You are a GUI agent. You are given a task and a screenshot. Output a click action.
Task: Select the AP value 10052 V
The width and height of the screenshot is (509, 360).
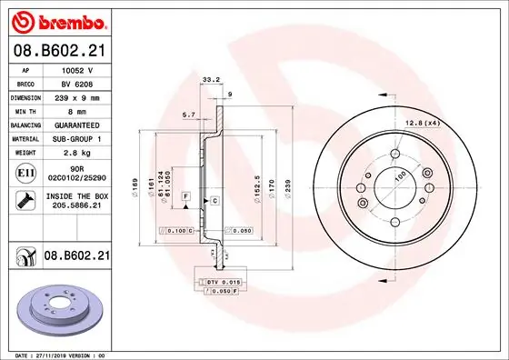tap(76, 68)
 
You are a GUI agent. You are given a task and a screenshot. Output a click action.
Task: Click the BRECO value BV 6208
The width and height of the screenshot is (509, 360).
tap(76, 82)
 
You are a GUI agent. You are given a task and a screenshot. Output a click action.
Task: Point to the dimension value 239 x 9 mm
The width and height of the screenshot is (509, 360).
tap(76, 95)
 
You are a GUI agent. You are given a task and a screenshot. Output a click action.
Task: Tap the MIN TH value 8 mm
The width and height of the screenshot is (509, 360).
tap(76, 110)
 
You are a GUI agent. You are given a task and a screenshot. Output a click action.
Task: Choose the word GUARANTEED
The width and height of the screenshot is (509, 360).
tap(76, 124)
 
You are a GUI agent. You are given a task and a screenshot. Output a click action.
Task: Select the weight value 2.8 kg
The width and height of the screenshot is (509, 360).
tap(76, 152)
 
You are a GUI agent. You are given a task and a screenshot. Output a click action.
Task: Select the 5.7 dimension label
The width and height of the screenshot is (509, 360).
tap(188, 114)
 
